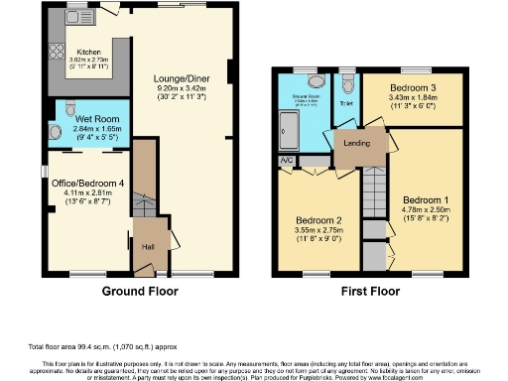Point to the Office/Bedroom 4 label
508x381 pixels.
point(82,183)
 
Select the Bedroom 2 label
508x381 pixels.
point(318,220)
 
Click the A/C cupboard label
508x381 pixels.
point(287,159)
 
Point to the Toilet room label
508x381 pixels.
point(346,103)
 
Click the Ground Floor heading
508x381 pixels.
point(140,292)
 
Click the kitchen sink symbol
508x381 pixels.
point(75,19)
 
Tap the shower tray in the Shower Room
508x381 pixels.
point(287,126)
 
